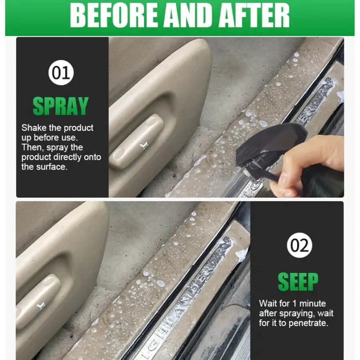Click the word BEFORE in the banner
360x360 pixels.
pos(114,16)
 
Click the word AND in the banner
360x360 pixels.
pos(188,16)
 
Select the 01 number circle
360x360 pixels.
pos(61,72)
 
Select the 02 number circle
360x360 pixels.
pos(299,245)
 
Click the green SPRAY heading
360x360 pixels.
pos(61,106)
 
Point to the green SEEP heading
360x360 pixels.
pos(298,282)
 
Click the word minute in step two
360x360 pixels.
pos(312,304)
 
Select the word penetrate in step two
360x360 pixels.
pos(308,323)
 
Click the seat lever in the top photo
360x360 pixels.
pos(137,141)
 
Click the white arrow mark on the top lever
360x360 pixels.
pos(144,146)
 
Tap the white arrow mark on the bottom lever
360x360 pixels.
pos(41,306)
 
